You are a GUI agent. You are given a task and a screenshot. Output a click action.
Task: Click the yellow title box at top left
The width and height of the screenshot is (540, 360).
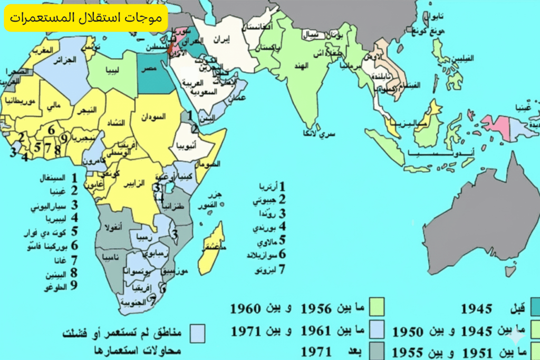click(85, 17)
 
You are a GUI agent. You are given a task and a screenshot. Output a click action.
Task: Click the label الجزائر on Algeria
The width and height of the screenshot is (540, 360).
click(65, 60)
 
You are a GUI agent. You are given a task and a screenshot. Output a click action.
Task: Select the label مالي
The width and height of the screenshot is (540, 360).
click(53, 107)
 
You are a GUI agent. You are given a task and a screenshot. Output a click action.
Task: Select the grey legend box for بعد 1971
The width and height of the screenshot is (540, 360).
click(377, 351)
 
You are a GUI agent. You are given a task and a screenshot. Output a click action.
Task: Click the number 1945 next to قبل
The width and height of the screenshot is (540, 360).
click(476, 309)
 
